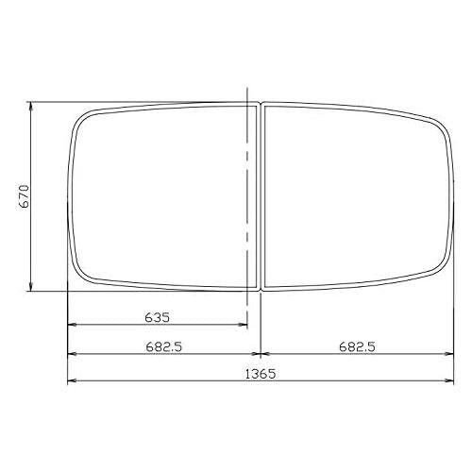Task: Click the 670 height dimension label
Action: point(25,195)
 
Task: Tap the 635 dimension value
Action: point(157,315)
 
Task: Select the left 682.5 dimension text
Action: point(163,346)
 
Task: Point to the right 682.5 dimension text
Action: point(357,346)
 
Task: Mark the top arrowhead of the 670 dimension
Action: point(32,106)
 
